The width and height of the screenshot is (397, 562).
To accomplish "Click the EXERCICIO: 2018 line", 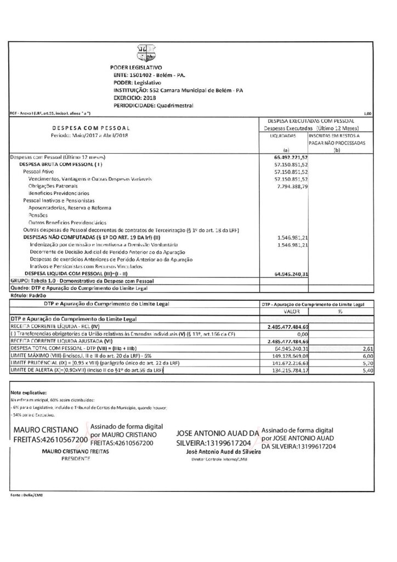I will [135, 98].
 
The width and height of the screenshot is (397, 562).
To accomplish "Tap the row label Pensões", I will [39, 215].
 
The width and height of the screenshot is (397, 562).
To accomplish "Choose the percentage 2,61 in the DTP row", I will [368, 348].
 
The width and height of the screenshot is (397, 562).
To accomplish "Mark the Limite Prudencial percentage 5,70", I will [368, 363].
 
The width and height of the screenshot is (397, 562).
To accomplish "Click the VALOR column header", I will [290, 311].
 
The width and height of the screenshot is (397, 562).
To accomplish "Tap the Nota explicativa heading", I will [29, 394].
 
